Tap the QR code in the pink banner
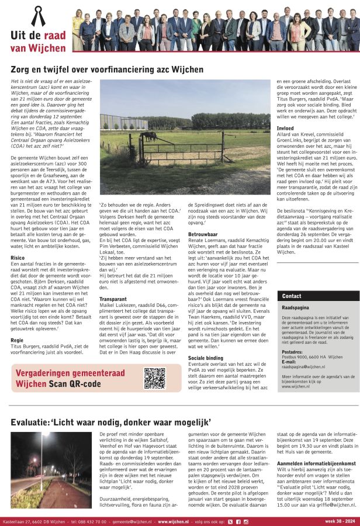(x=154, y=378)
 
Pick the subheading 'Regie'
(x=17, y=339)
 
